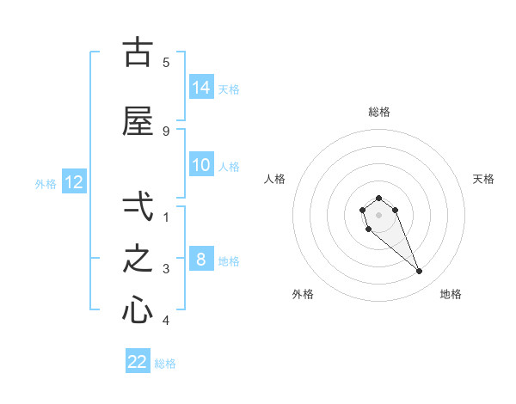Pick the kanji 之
138,259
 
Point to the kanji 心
138,311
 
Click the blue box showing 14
201,87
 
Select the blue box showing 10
201,165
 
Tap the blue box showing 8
201,260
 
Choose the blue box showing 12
73,182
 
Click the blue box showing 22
138,362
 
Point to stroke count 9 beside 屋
166,132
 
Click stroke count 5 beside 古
166,62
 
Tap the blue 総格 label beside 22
166,364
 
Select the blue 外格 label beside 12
46,183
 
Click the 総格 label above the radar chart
378,112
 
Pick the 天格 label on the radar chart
483,179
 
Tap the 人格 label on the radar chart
274,179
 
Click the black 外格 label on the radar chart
303,294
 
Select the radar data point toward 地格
420,272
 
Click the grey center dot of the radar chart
378,215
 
